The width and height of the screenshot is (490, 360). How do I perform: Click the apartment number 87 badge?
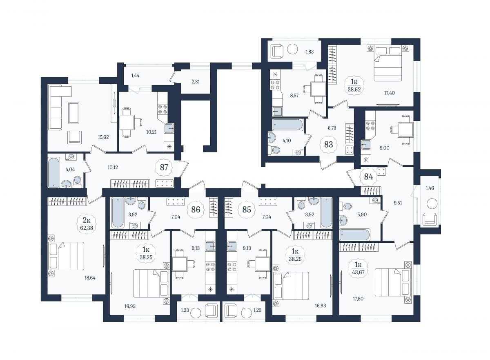tap(164, 168)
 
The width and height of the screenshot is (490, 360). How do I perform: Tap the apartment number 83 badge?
tap(329, 144)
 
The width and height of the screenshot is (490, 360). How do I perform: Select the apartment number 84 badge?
tap(368, 177)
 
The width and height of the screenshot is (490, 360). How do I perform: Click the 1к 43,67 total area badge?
tap(358, 269)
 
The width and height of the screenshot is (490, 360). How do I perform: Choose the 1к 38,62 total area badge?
tap(354, 85)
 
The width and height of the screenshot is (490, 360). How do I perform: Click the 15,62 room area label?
tap(103, 137)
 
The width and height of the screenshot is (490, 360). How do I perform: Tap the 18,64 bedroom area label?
tap(90, 278)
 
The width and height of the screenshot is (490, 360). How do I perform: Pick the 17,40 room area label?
tap(390, 93)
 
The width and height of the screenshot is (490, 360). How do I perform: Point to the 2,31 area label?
tap(196, 82)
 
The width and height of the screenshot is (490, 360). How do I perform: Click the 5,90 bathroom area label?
tap(362, 215)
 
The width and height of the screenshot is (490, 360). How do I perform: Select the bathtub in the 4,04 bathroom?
tap(53, 172)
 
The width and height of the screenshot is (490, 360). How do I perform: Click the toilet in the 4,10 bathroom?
tap(274, 150)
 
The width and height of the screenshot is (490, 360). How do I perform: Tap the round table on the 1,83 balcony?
tap(292, 49)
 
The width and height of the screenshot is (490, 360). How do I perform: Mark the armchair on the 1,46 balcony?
tap(430, 219)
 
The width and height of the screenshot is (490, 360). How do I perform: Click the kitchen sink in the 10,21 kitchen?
tap(169, 128)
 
